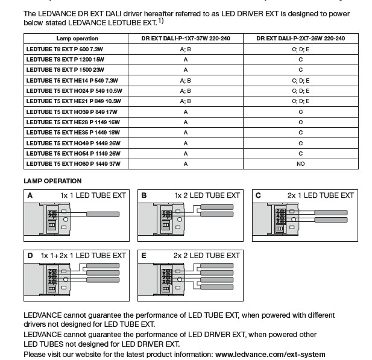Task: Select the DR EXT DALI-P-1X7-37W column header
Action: [x=186, y=38]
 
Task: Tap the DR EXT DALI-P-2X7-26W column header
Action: [x=300, y=38]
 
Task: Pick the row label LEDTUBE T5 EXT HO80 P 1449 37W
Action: [x=73, y=163]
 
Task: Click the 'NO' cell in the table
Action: [x=300, y=163]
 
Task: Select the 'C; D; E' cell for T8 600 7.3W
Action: [x=300, y=49]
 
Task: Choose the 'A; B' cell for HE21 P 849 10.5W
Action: [x=185, y=101]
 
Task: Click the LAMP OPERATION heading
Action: [x=52, y=181]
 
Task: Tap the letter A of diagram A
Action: [x=30, y=195]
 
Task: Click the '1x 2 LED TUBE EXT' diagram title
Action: [x=207, y=195]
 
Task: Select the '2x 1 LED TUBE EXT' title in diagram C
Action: [x=320, y=195]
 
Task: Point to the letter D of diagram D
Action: [x=30, y=256]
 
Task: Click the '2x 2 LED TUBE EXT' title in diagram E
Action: [x=207, y=256]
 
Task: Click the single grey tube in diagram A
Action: [x=106, y=215]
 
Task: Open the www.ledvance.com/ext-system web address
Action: [x=270, y=355]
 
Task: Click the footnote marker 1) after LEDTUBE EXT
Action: [x=161, y=21]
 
